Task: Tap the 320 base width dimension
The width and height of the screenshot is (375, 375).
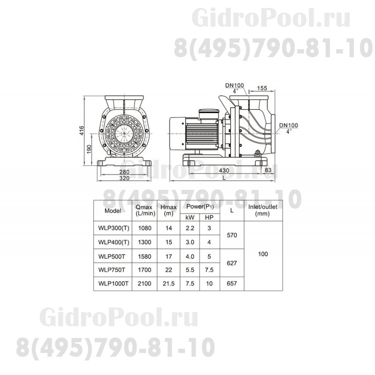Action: click(125, 178)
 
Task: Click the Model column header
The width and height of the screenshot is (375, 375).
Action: click(113, 210)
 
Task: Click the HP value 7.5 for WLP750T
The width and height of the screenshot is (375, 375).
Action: click(209, 270)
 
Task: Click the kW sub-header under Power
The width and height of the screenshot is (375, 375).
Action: click(190, 217)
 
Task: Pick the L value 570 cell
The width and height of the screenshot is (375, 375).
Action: click(232, 235)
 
